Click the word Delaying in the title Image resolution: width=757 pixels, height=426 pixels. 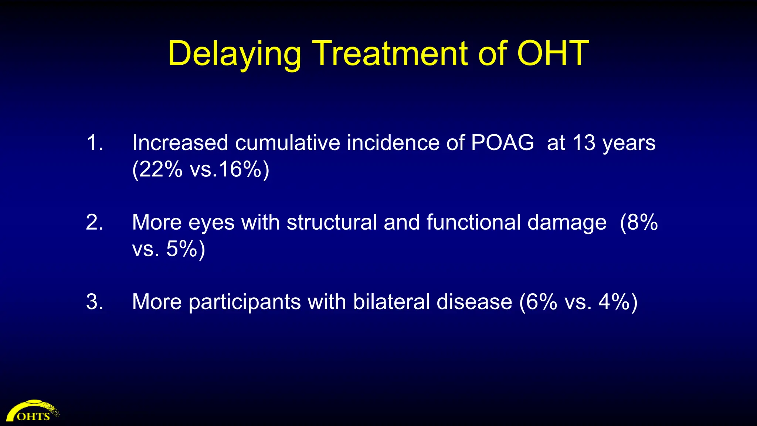click(x=234, y=54)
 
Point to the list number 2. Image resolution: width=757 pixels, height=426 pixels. click(x=95, y=223)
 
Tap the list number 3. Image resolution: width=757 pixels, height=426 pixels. click(x=95, y=302)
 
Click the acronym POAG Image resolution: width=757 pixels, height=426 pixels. click(x=502, y=143)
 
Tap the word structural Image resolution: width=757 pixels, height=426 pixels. click(x=332, y=223)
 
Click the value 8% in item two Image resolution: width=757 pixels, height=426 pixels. click(x=642, y=223)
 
